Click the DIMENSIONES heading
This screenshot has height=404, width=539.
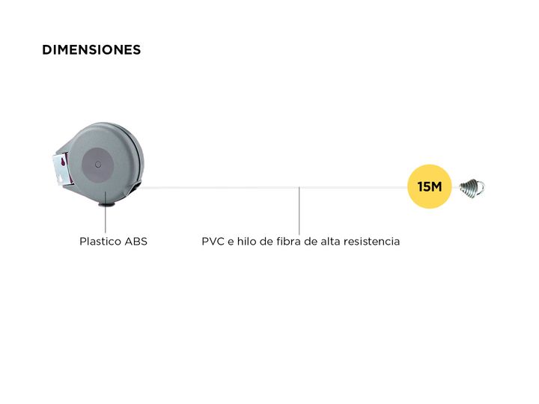coord(91,50)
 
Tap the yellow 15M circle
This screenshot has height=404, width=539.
coord(430,186)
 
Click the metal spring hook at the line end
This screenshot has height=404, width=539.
coord(472,188)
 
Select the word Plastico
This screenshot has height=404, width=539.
coord(100,241)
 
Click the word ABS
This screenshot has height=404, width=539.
coord(135,241)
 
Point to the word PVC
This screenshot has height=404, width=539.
coord(213,241)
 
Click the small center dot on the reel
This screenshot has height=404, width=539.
coord(98,164)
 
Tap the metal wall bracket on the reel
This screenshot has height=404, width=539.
coord(61,169)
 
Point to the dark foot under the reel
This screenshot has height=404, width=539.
coord(107,204)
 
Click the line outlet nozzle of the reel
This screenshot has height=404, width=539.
coord(133,189)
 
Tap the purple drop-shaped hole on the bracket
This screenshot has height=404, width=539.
coord(63,162)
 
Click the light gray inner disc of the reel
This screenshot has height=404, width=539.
coord(98,164)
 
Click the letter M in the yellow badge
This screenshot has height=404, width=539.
coord(436,186)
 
